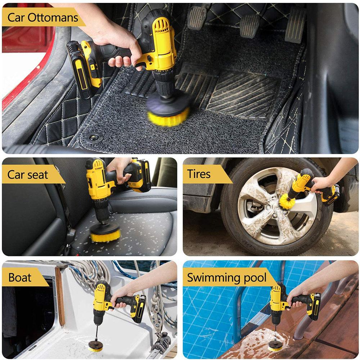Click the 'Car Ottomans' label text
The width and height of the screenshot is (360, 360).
coord(42,18)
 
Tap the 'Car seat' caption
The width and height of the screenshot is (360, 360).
coord(28,175)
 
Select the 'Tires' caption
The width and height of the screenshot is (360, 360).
coord(199,174)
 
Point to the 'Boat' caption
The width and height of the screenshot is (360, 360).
coord(20,278)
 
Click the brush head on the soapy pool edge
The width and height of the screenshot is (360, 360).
coord(275,346)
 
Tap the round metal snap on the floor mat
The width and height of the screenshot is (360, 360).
coord(95,137)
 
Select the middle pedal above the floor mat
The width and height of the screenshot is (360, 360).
coord(250,25)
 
